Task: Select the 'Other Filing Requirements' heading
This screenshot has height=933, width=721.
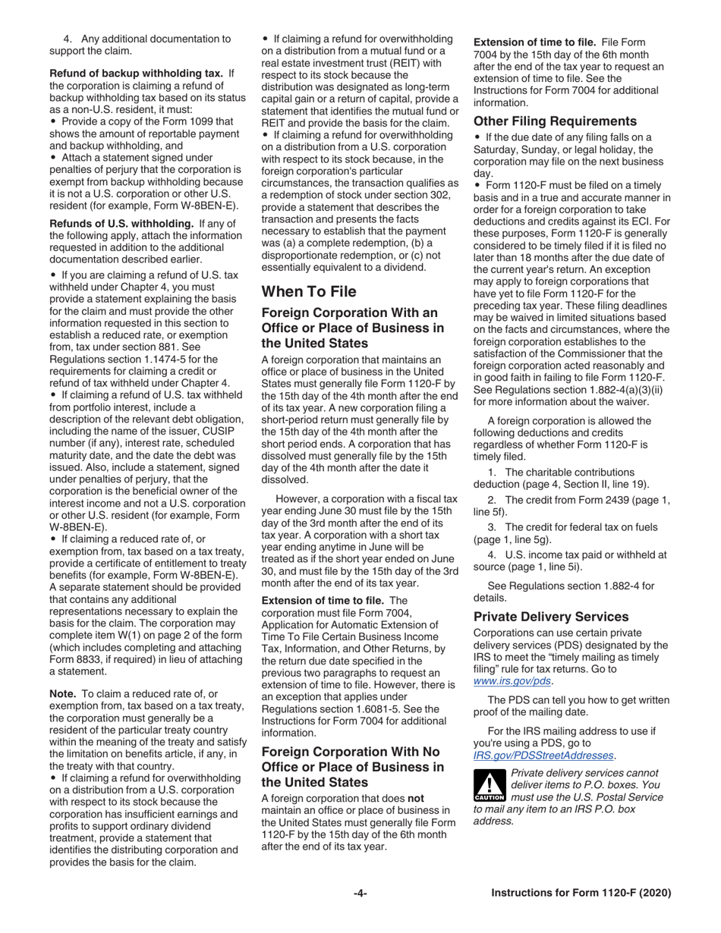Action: [x=555, y=121]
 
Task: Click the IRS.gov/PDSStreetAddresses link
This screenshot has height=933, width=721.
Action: [x=543, y=755]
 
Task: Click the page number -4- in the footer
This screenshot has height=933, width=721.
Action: [x=360, y=894]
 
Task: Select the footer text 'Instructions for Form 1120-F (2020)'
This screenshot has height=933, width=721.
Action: [x=581, y=894]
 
